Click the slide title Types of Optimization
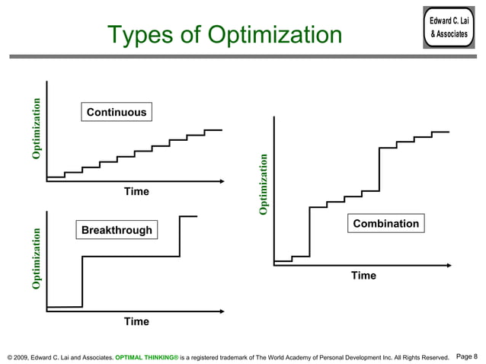coord(225,35)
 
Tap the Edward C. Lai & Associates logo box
coord(449,28)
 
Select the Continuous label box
coord(117,113)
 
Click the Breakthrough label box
coord(117,230)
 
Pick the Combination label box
coord(386,224)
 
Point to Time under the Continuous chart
coord(136,192)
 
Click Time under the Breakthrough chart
coord(136,321)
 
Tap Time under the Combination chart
coord(363,276)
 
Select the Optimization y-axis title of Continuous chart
coord(36,129)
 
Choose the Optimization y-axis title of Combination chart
coord(264,184)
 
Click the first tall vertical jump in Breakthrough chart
coord(82,282)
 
